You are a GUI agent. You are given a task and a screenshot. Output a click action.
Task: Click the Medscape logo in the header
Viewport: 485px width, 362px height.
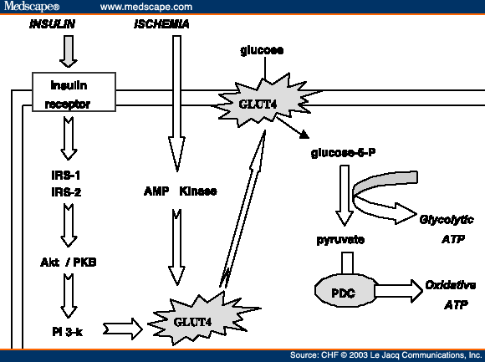click(33, 7)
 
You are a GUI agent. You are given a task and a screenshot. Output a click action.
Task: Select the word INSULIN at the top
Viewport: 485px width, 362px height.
click(51, 23)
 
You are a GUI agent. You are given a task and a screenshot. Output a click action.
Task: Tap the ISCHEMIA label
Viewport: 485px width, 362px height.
click(161, 23)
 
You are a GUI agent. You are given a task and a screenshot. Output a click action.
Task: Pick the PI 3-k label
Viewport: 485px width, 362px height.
click(68, 330)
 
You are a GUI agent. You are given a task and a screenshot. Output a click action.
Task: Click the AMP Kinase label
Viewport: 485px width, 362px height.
click(178, 191)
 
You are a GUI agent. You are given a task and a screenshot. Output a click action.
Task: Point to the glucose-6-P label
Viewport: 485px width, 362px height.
click(345, 153)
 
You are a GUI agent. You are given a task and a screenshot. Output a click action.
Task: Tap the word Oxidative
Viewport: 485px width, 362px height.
click(451, 285)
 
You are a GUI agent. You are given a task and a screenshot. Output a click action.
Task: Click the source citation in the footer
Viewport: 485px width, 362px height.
click(385, 355)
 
